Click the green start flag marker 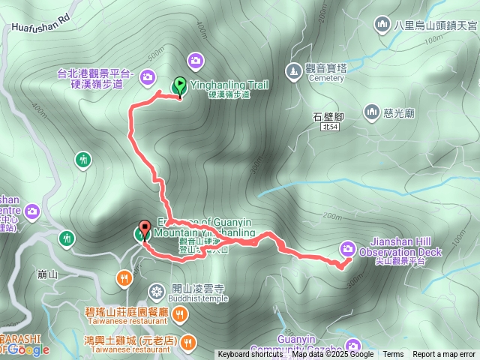pos(180,85)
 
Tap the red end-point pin pos(143,230)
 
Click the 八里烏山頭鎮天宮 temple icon pos(382,25)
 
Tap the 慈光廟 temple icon pos(371,112)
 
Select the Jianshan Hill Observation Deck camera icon pos(348,247)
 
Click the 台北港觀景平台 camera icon pos(147,76)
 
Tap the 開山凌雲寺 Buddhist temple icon pos(156,290)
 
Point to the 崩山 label pos(46,275)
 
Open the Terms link pos(393,355)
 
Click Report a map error pos(444,355)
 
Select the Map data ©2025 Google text pos(333,355)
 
